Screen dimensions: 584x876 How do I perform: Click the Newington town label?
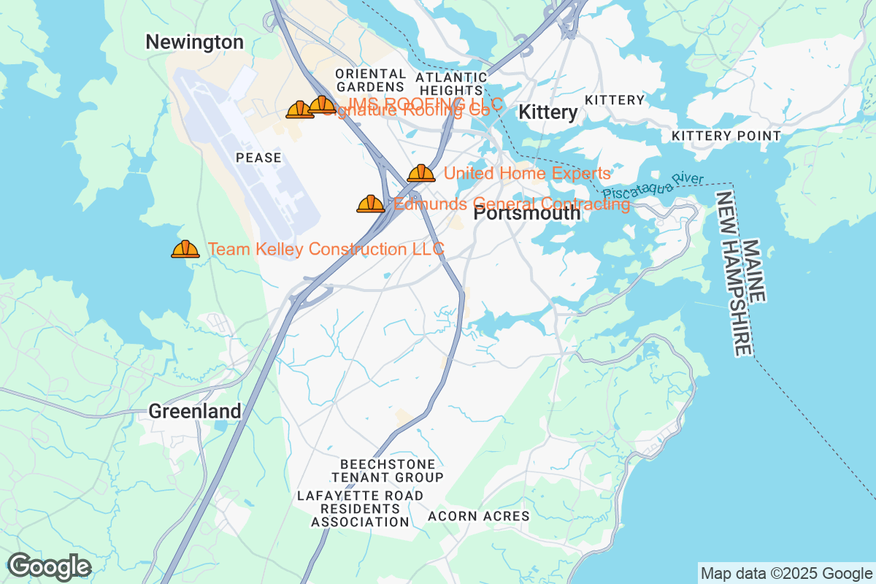tap(194, 42)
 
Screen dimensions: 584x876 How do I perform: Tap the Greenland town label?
tap(195, 411)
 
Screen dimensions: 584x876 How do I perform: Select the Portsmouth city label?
tap(527, 214)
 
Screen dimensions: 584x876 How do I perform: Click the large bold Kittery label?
tap(547, 112)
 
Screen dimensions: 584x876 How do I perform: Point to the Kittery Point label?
tap(726, 136)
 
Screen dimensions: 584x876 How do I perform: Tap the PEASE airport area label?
tap(258, 158)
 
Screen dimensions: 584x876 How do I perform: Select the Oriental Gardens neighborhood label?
tap(371, 80)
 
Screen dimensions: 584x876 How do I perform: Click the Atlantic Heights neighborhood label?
tap(451, 83)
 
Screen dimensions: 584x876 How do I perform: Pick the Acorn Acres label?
tap(478, 516)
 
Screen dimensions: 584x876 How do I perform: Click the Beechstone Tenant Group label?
tap(388, 471)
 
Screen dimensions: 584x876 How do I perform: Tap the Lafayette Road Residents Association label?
tap(360, 509)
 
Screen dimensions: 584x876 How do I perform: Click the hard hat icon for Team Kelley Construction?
tap(185, 250)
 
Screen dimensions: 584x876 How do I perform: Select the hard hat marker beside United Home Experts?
tap(421, 173)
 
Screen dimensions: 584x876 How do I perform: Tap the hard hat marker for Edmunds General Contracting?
tap(371, 204)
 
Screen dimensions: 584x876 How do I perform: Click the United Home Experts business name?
tap(526, 174)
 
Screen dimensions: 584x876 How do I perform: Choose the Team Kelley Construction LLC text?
tap(326, 250)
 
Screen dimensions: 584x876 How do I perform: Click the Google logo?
tap(50, 566)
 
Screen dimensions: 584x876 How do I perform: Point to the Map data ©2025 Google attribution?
tap(786, 573)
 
